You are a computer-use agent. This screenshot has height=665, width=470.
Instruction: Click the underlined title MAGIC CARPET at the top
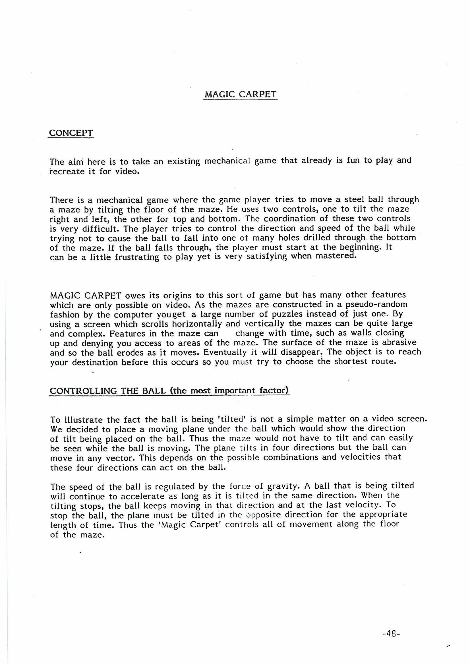[240, 95]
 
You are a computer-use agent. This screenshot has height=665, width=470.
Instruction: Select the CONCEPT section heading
[71, 133]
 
